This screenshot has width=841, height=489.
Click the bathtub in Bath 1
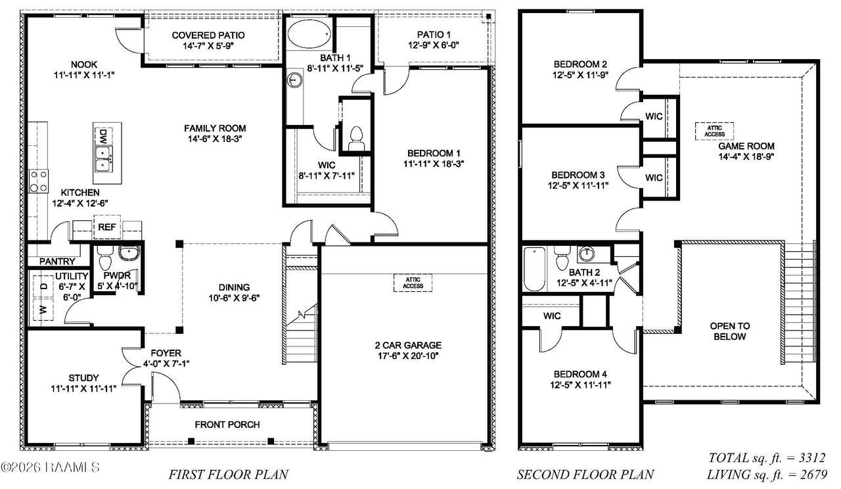(309, 35)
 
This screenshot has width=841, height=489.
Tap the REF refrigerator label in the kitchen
(106, 227)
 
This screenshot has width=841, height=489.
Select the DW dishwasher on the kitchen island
(103, 134)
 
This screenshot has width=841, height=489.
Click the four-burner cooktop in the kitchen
(39, 181)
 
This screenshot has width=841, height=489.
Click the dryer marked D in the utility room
(43, 287)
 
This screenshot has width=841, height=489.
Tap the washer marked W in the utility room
(43, 310)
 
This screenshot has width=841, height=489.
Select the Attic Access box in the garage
(413, 283)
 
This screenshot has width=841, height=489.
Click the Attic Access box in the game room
(714, 131)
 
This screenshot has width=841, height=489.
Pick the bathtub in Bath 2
(534, 269)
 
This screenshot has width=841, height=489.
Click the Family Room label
(215, 128)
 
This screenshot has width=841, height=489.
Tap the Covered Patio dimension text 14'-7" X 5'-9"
(208, 46)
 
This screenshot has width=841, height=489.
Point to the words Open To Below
(729, 331)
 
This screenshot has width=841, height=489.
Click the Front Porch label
(227, 425)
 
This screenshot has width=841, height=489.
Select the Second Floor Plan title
(585, 475)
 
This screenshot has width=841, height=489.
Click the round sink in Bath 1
(294, 80)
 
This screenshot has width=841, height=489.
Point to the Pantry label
(57, 261)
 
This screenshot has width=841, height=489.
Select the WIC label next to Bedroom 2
(654, 116)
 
